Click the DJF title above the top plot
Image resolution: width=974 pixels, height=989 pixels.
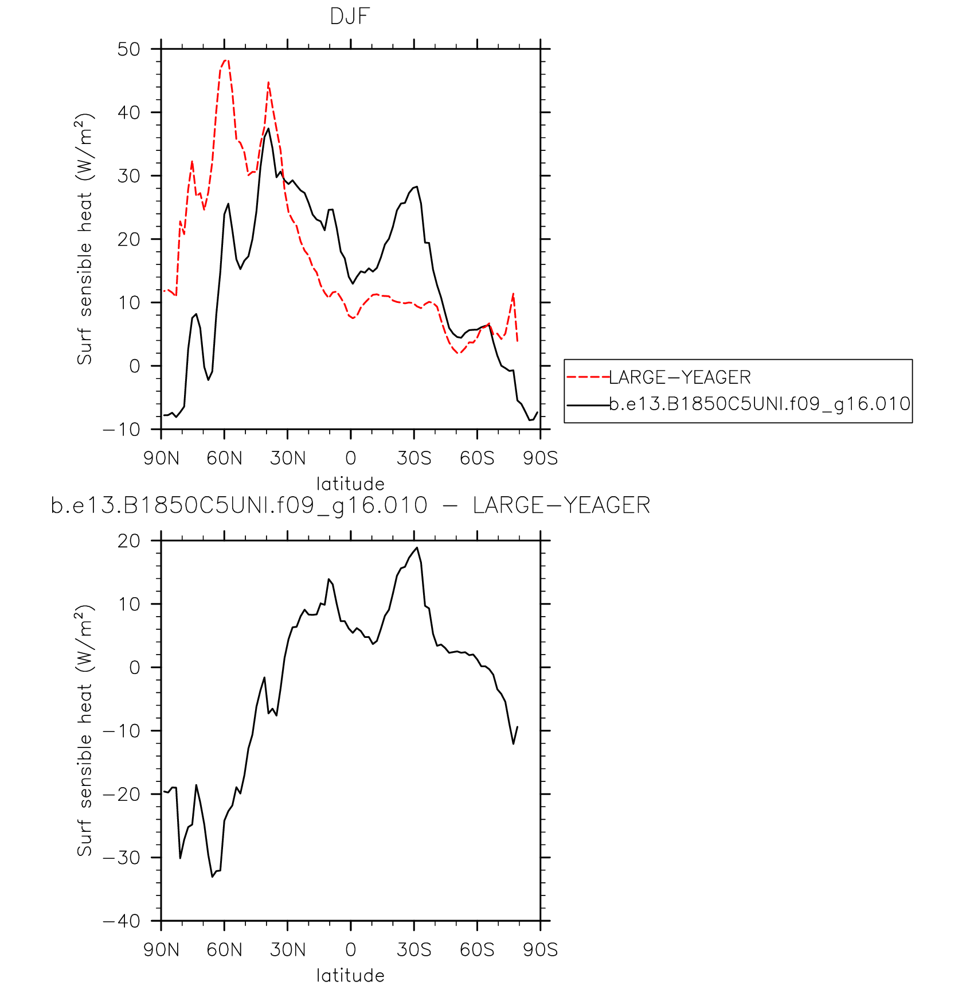(350, 17)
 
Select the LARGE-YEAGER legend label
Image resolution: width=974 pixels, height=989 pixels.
(679, 377)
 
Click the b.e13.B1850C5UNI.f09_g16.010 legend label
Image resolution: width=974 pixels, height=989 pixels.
(760, 404)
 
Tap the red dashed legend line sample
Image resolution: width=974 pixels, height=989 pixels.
(588, 377)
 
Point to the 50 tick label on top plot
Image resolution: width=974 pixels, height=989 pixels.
(129, 49)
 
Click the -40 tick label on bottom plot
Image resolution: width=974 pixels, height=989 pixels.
(122, 921)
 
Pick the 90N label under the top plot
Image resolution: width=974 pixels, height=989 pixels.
(161, 458)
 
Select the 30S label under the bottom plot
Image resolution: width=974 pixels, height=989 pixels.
(413, 950)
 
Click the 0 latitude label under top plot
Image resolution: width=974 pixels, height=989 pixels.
(351, 458)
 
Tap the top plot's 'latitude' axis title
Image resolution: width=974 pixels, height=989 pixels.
(350, 484)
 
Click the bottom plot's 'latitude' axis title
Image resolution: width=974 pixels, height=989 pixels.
(350, 975)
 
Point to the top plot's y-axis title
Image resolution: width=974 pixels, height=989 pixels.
(84, 239)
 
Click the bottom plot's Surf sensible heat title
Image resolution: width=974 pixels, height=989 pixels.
(84, 731)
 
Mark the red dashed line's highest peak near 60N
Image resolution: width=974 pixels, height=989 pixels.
(226, 60)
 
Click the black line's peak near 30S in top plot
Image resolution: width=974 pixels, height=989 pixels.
(417, 186)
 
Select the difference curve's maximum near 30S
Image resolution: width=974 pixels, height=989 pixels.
(417, 547)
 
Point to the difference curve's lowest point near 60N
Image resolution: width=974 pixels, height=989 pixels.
(212, 877)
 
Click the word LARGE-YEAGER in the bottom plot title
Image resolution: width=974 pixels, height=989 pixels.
(561, 505)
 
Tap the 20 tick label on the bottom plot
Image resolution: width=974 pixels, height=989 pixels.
(129, 541)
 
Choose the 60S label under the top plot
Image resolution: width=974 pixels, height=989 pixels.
(476, 458)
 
